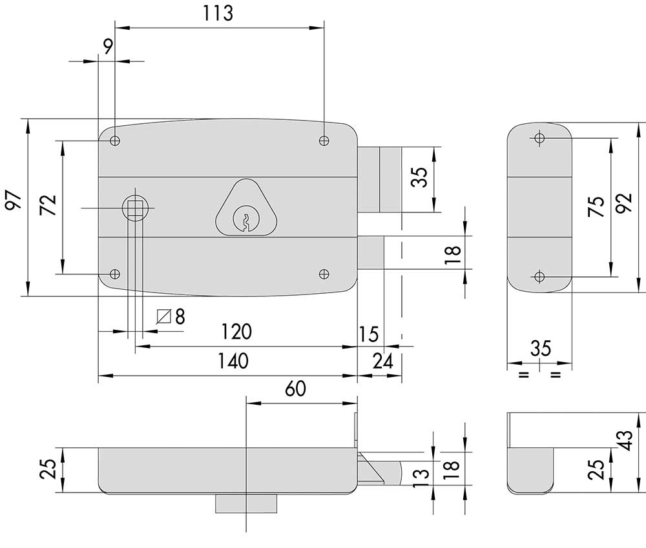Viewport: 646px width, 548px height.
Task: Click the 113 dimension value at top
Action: tap(218, 13)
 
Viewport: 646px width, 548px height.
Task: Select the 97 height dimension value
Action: tap(14, 200)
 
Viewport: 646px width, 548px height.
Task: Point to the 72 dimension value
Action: tap(48, 205)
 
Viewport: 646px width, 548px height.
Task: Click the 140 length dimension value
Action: tap(233, 361)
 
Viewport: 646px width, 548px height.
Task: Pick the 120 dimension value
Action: tap(236, 332)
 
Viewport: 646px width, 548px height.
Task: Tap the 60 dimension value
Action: tap(295, 389)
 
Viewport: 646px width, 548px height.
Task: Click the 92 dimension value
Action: tap(625, 203)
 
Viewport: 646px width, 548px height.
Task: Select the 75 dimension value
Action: tap(598, 207)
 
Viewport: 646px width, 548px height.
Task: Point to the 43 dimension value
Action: tap(625, 441)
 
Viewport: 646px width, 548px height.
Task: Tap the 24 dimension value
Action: tap(382, 361)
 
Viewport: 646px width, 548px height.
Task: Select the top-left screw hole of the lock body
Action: tap(115, 141)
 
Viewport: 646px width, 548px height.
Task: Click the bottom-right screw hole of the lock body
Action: tap(324, 274)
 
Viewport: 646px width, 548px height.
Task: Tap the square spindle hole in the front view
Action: tap(135, 208)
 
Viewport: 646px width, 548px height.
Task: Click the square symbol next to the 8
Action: tap(164, 317)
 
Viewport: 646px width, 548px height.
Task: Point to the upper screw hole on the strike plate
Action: tap(539, 138)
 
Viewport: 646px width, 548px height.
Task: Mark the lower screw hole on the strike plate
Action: tap(539, 277)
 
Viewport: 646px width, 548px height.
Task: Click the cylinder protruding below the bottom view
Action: tap(246, 503)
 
